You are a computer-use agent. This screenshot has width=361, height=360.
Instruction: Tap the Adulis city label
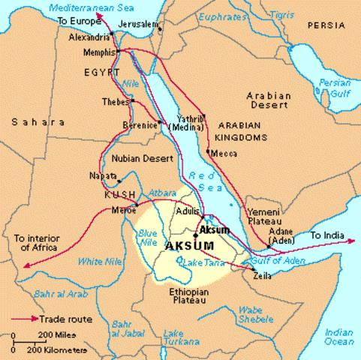(187, 211)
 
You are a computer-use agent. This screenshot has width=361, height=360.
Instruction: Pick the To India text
(327, 236)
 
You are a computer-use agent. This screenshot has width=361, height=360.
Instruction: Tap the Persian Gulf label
(333, 87)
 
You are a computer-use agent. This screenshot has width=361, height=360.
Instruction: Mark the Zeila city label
(263, 276)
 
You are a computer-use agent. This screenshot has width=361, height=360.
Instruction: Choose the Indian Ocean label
(339, 336)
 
